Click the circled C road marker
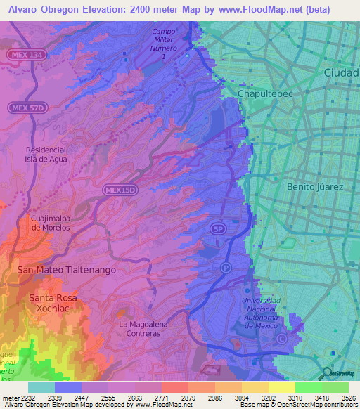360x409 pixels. pyautogui.click(x=281, y=339)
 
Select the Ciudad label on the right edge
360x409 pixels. pyautogui.click(x=341, y=72)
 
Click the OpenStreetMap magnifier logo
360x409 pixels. pyautogui.click(x=326, y=373)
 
